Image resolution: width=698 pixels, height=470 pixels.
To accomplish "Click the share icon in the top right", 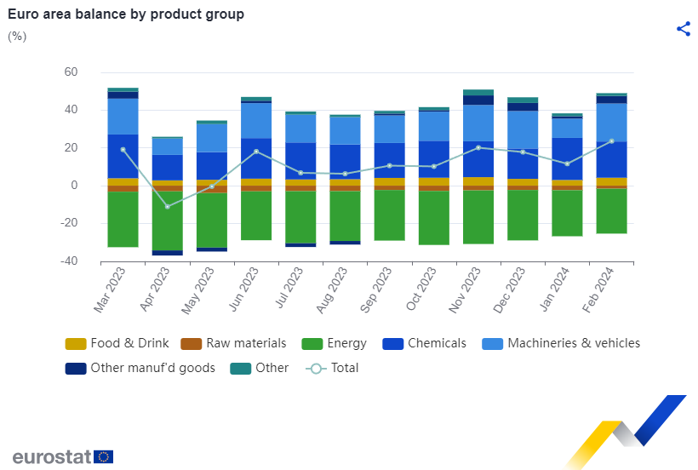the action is (684, 29).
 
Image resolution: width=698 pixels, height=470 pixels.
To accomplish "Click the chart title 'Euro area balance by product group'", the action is (126, 14).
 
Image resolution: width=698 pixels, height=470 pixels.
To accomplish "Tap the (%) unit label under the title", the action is (17, 36).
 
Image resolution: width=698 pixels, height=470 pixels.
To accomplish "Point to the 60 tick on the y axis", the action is (71, 72).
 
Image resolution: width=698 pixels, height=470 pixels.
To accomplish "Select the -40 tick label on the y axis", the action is (69, 261).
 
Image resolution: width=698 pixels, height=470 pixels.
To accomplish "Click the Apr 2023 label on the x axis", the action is (154, 289).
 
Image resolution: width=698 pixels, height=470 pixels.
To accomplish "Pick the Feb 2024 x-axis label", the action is (598, 289).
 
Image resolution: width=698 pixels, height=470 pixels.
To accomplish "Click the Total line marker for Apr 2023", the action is (168, 207).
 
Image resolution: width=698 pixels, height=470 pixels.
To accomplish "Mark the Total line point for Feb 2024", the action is (612, 141).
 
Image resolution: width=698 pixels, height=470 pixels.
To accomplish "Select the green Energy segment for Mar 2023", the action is (123, 219).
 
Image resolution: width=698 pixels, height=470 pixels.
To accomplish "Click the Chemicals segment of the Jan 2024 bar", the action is (567, 159).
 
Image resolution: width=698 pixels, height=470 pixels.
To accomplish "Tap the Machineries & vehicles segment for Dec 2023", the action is (523, 129).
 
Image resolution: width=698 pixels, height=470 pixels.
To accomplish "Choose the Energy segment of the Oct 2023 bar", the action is (434, 218).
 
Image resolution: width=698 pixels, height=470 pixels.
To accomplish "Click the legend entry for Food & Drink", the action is (117, 343).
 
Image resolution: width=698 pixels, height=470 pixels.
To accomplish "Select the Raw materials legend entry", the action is (233, 343).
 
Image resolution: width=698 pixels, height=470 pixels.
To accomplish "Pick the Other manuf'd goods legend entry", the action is (140, 368).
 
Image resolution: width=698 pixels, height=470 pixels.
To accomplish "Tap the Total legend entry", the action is (332, 368).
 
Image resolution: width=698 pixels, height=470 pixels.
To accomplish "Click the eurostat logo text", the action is (52, 456).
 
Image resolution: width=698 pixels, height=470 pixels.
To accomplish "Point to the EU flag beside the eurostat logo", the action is (104, 456).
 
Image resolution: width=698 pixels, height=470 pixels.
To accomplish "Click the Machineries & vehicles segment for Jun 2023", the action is (256, 121).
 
